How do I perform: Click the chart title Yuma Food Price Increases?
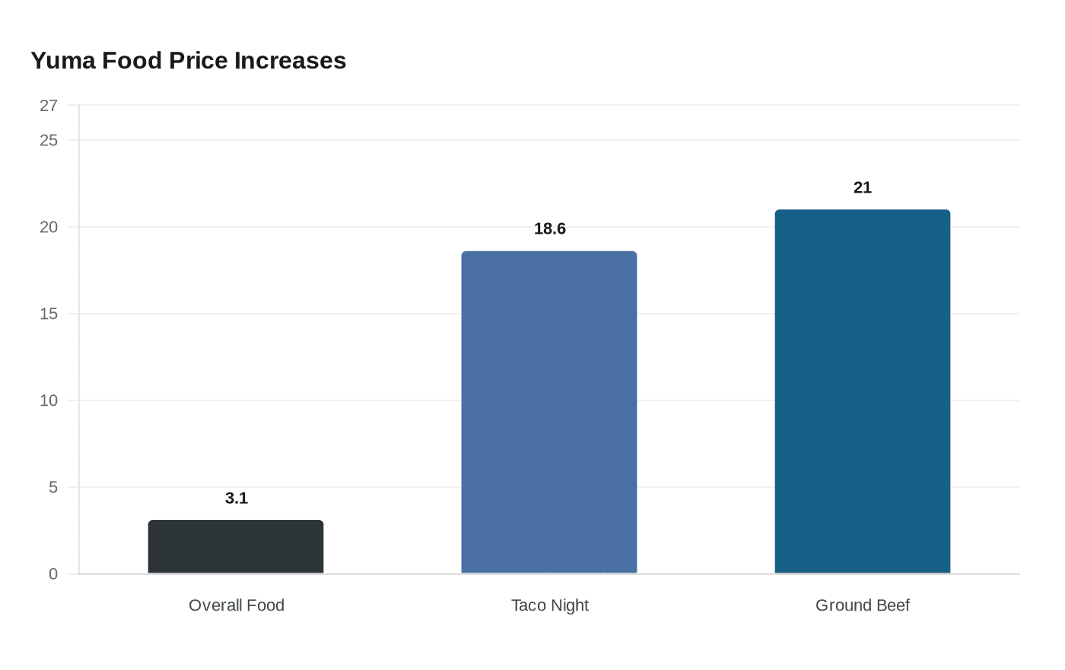(188, 60)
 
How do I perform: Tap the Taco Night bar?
(549, 412)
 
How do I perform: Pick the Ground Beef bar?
(862, 391)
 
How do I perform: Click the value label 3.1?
(237, 498)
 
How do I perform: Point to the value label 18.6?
(549, 228)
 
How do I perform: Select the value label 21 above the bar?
(862, 187)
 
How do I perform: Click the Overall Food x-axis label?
(236, 605)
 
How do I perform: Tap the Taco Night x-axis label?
(549, 605)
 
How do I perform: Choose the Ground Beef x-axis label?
(862, 605)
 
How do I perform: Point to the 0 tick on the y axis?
(53, 574)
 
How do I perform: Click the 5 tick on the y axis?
(53, 487)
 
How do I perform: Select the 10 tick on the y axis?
(49, 400)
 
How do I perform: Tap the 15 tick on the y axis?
(49, 314)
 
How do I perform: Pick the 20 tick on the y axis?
(49, 227)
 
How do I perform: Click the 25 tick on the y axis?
(49, 140)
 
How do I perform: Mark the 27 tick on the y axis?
(49, 106)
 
